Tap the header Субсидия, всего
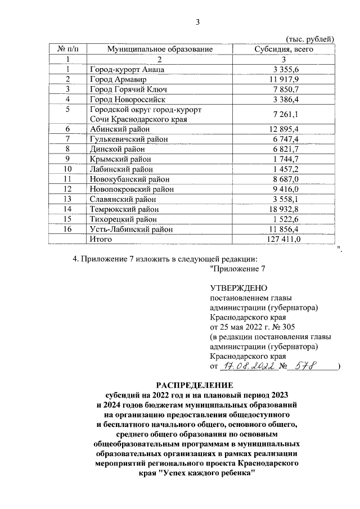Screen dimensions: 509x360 [x=284, y=49]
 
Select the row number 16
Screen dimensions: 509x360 [x=67, y=229]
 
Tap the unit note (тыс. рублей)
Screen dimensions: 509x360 [x=310, y=38]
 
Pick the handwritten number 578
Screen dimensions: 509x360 [x=307, y=366]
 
